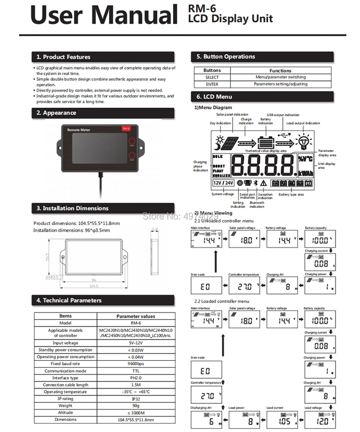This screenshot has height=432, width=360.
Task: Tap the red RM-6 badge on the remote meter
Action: [126, 129]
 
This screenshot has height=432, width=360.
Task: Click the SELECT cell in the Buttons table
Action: [212, 77]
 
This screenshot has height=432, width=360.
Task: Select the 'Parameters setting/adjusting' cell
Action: [280, 84]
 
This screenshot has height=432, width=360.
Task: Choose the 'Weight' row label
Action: [65, 406]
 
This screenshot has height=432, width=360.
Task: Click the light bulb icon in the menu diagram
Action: [303, 141]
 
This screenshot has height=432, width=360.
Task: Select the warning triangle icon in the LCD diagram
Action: [263, 183]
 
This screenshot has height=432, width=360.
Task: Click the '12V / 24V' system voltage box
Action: [223, 183]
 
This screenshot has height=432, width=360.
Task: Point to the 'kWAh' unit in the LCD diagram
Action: [306, 174]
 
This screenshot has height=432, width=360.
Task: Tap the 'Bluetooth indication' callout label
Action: [257, 204]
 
